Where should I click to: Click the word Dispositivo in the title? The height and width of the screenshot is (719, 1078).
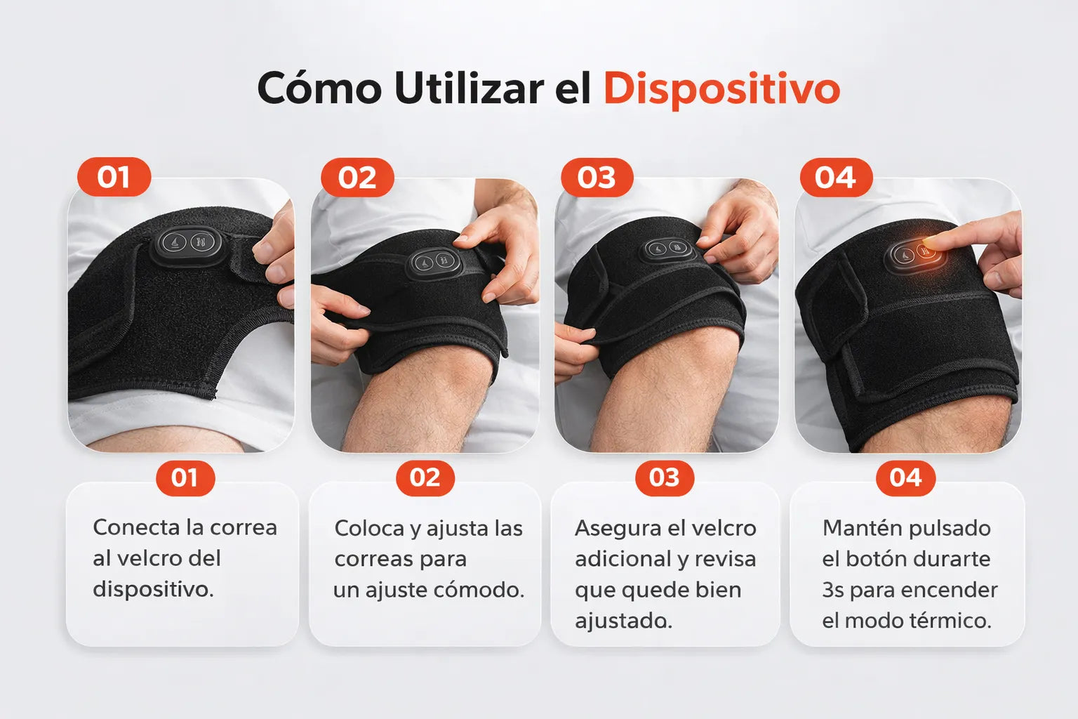coord(721,89)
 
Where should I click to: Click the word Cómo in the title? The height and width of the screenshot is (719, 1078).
coord(319,88)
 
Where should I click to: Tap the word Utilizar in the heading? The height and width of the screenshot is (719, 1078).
coord(469,88)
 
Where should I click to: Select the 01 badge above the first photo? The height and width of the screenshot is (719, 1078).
coord(114,177)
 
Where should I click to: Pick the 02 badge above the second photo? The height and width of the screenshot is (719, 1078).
coord(357,177)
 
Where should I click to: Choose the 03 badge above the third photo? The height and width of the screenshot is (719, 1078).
coord(597,177)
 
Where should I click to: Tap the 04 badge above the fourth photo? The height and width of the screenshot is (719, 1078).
coord(836,177)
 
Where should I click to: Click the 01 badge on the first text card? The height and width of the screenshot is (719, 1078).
coord(185,478)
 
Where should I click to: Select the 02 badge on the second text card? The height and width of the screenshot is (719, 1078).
coord(425,478)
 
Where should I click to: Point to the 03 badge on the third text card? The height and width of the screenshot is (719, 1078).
coord(665,478)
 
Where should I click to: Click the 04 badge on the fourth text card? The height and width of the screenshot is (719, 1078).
coord(906,478)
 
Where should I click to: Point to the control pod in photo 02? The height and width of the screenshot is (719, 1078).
coord(434,263)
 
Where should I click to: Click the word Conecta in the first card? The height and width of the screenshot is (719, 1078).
coord(137,527)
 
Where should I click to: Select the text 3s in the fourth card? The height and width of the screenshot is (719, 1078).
coord(833,590)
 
